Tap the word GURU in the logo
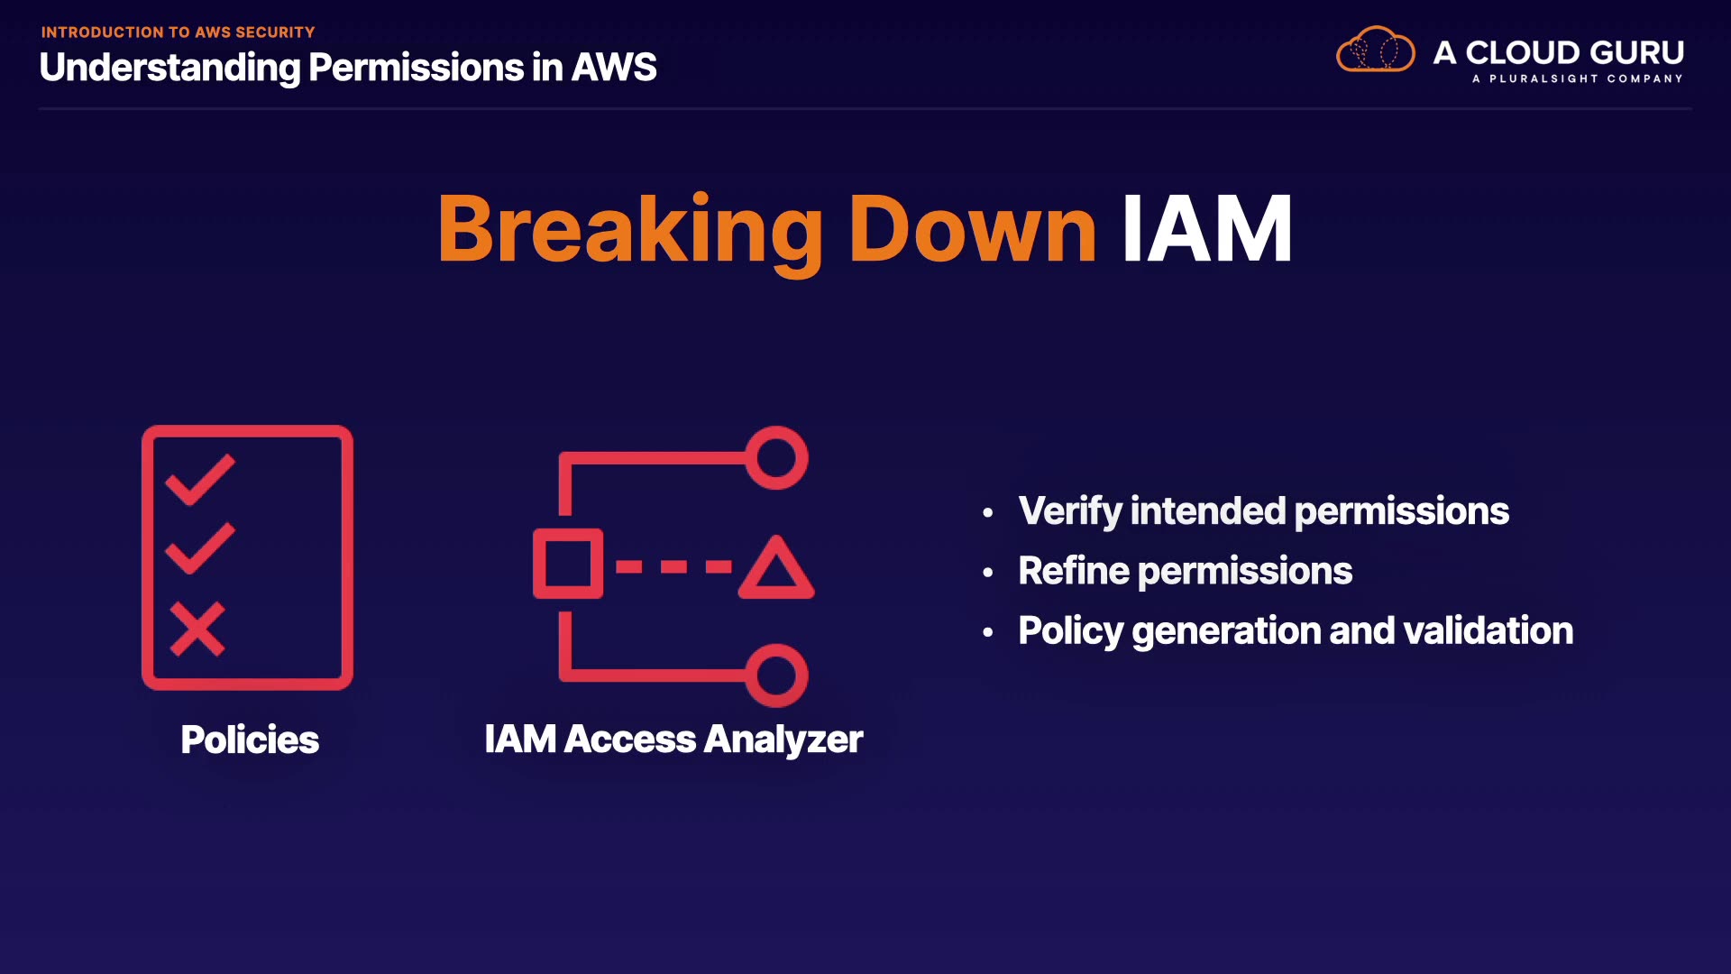click(1636, 52)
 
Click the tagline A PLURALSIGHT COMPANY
click(1577, 79)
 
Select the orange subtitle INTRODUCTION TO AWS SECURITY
click(178, 32)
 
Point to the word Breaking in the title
click(629, 231)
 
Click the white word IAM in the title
click(1206, 231)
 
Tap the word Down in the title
click(972, 231)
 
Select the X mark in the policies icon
click(197, 629)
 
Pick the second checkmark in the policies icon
click(199, 547)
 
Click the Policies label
click(250, 740)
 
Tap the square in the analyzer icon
click(567, 565)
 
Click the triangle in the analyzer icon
click(776, 570)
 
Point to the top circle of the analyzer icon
click(776, 458)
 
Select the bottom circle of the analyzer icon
click(776, 675)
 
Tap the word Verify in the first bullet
click(1070, 511)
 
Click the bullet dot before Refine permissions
click(988, 573)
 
